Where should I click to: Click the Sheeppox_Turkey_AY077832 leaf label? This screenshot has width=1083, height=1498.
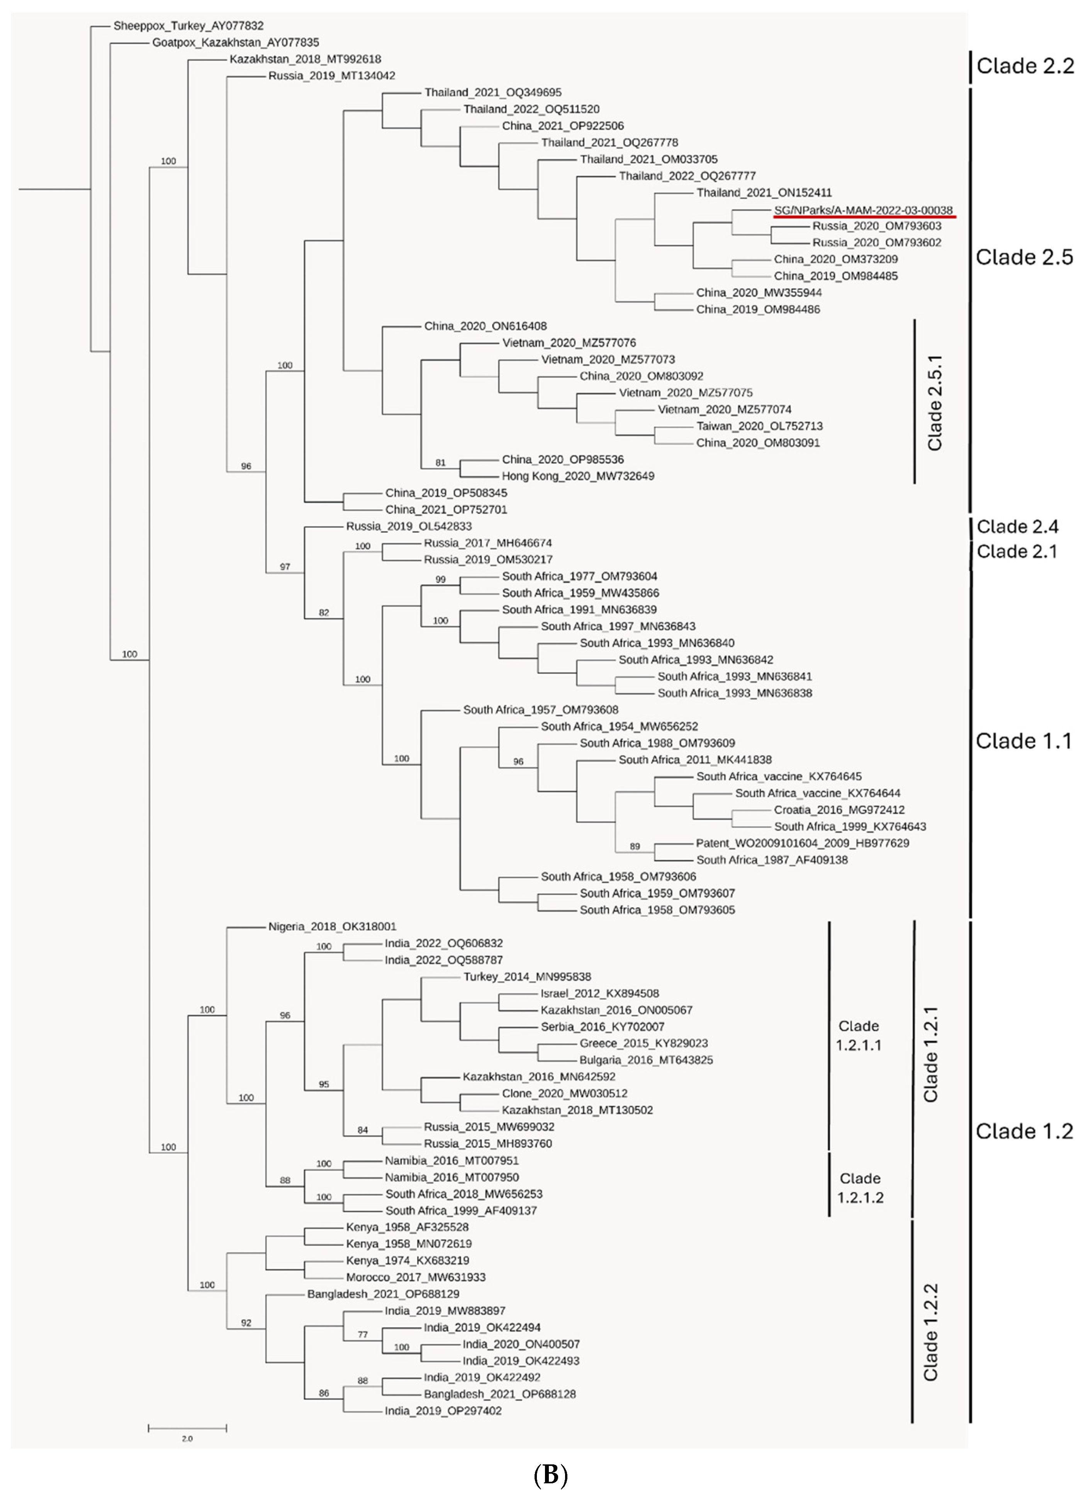tap(188, 26)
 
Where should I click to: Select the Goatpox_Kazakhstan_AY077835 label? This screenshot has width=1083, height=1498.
tap(236, 42)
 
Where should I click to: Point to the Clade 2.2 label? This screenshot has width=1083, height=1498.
tap(1025, 66)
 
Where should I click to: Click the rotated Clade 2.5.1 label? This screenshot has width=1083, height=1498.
tap(934, 403)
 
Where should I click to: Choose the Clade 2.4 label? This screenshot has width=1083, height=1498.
tap(1017, 526)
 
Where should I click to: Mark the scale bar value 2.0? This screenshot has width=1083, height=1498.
tap(187, 1438)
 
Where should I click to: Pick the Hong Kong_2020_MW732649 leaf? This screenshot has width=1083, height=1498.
tap(578, 476)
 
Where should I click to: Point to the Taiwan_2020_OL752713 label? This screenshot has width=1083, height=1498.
tap(759, 426)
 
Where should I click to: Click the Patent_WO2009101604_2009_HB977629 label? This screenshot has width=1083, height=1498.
tap(802, 843)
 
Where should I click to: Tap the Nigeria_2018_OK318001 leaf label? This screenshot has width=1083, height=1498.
tap(332, 927)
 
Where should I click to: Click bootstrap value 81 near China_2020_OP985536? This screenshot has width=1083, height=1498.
tap(440, 463)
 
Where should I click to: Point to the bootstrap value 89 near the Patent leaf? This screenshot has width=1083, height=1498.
tap(635, 846)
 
